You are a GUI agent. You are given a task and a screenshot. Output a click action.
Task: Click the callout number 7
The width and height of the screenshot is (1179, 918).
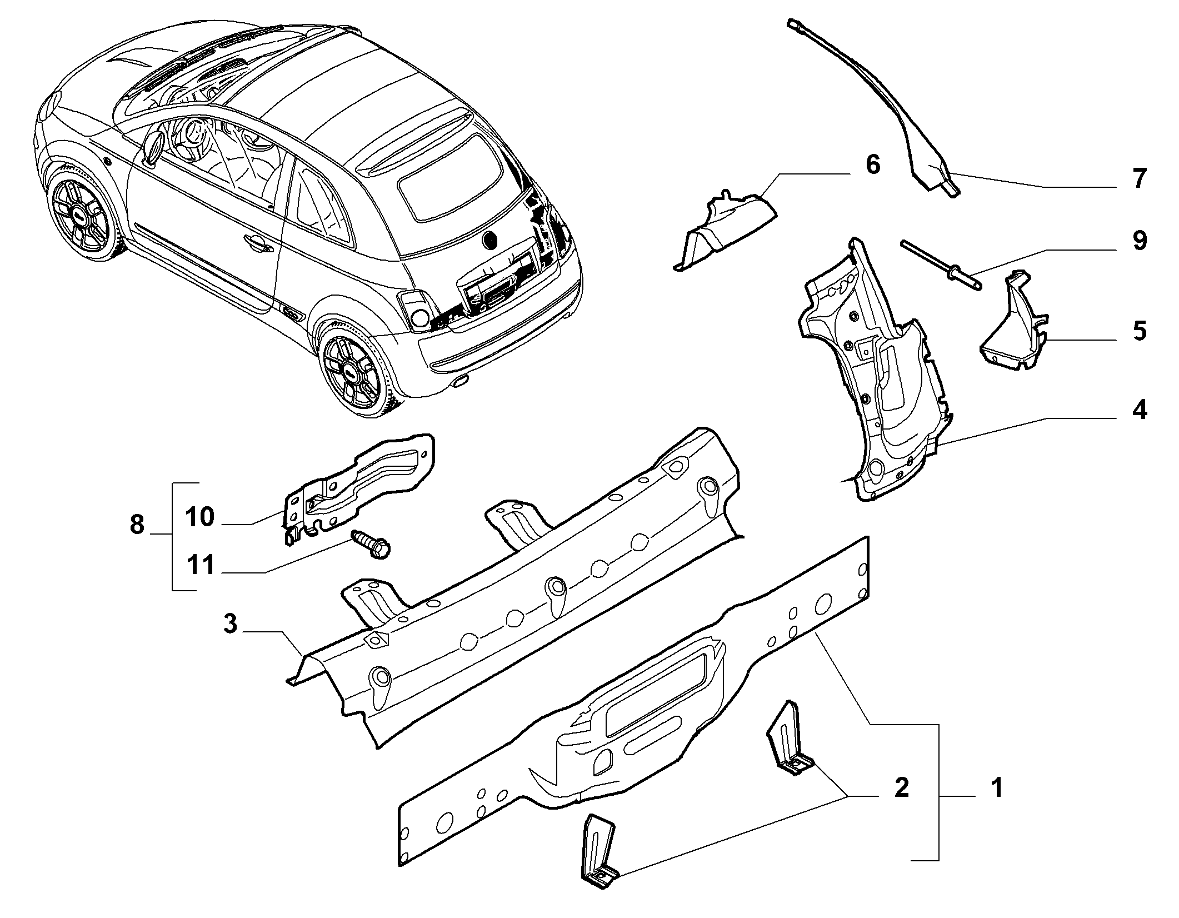pyautogui.click(x=1138, y=179)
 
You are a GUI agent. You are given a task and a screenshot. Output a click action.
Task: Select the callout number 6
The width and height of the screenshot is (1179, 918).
pyautogui.click(x=873, y=165)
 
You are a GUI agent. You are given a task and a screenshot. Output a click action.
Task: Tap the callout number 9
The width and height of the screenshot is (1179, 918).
pyautogui.click(x=1138, y=241)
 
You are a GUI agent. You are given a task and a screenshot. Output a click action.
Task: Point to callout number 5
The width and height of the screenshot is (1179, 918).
pyautogui.click(x=1140, y=331)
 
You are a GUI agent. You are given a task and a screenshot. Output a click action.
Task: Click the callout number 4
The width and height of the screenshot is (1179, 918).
pyautogui.click(x=1139, y=411)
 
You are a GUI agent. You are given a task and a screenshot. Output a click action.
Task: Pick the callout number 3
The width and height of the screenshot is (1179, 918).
pyautogui.click(x=230, y=623)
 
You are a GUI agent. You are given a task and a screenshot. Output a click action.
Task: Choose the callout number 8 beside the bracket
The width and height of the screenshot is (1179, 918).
pyautogui.click(x=137, y=525)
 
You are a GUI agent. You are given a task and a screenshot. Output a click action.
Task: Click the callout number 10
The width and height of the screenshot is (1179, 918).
pyautogui.click(x=199, y=517)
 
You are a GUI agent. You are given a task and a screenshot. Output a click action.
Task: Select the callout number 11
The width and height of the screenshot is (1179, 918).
pyautogui.click(x=199, y=566)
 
